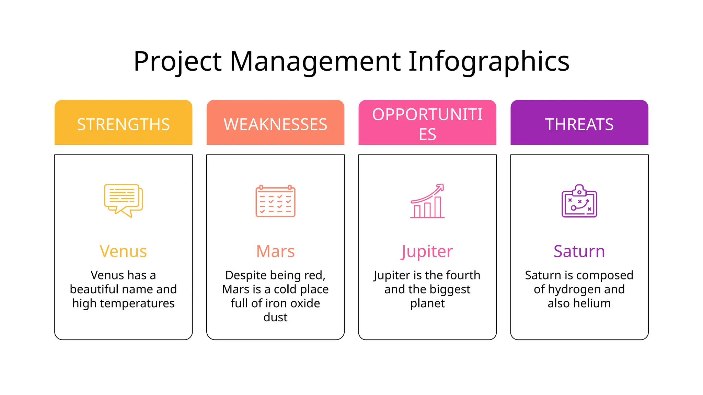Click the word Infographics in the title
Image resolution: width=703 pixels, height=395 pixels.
point(489,62)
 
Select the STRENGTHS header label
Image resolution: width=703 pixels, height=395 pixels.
point(123,124)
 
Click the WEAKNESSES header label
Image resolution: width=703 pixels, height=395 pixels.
point(275,124)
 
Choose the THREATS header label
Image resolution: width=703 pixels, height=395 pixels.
point(579,124)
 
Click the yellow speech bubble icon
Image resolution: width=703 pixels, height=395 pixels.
point(123,200)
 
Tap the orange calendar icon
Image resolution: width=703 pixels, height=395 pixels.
point(275,201)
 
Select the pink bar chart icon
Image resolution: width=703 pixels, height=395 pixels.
point(427,201)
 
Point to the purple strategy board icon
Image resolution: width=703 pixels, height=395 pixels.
point(579,201)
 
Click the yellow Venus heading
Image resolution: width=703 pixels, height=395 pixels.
point(123,251)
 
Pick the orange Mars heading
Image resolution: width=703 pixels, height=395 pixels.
point(275,251)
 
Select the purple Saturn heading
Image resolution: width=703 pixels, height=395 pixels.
point(579,251)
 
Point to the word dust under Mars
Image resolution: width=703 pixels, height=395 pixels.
point(275,317)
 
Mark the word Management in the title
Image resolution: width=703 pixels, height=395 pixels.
point(315,62)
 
